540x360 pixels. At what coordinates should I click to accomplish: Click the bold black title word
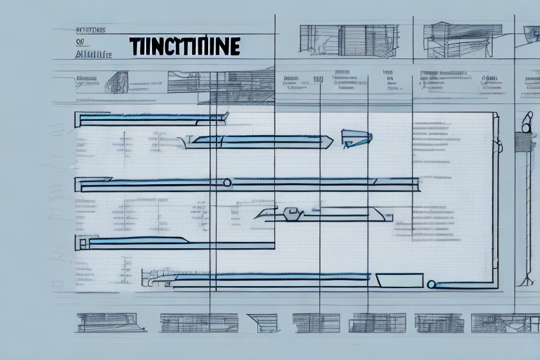click(x=185, y=47)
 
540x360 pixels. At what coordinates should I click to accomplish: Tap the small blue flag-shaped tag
click(x=355, y=138)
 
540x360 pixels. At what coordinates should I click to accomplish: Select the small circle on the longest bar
click(x=227, y=183)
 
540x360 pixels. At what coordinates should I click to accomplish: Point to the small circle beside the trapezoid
click(x=431, y=285)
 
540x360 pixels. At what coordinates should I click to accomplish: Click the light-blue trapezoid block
click(x=399, y=281)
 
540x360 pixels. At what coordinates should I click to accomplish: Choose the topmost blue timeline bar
click(x=151, y=119)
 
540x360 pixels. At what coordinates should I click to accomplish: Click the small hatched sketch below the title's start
click(x=116, y=82)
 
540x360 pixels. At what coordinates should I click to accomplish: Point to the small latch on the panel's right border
click(x=498, y=146)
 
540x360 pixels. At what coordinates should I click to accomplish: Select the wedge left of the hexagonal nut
click(x=266, y=213)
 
